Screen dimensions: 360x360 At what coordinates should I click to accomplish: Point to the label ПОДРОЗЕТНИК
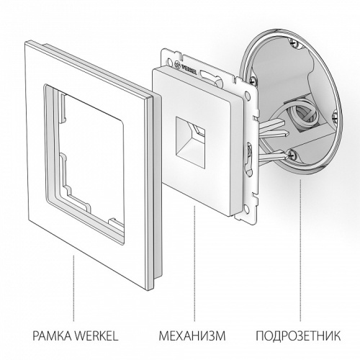tap(297, 336)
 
